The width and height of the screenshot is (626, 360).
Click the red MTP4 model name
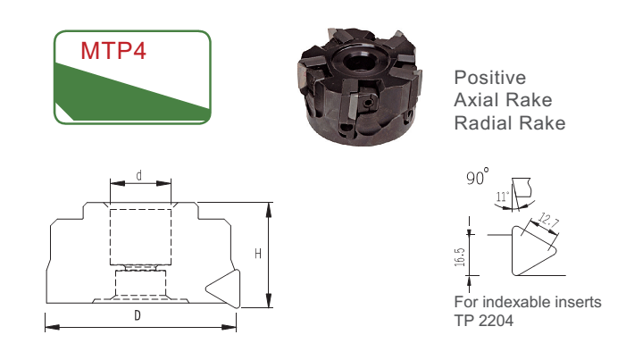coord(113,51)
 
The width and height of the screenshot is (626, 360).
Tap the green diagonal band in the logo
coord(132,94)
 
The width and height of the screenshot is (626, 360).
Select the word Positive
coord(490,78)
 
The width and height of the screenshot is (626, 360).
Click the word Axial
coord(478,100)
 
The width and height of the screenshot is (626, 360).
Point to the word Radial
coord(482,123)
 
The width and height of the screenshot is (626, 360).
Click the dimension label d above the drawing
coord(139,175)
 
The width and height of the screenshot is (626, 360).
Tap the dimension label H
coord(258,254)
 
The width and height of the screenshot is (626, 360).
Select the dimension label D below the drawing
coord(138,315)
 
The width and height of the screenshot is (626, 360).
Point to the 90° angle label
coord(478,176)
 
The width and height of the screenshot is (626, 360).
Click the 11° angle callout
coord(503,197)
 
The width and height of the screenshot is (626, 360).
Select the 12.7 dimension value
coord(547,221)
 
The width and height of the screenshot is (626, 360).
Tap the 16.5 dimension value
coord(460,257)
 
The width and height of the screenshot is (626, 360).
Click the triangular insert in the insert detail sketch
coord(533,251)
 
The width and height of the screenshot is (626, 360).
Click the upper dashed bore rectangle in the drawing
coord(140,237)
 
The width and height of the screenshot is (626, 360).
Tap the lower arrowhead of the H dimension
coord(269,300)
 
